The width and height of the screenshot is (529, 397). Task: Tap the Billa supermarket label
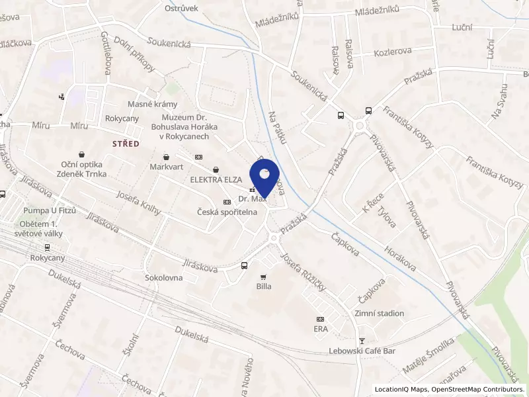264,287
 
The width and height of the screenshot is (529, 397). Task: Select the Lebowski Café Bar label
362,351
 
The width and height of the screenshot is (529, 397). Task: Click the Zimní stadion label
379,314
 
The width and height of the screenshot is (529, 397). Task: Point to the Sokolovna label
163,278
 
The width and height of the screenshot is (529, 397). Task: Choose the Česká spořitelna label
227,212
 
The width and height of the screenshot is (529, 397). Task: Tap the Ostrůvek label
182,8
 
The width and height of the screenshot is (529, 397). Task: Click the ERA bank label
321,328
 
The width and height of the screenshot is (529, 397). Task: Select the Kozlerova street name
393,51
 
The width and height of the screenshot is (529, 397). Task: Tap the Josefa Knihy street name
139,202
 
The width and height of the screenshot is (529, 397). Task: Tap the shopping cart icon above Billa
264,277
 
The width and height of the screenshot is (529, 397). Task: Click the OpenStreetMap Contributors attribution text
479,389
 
